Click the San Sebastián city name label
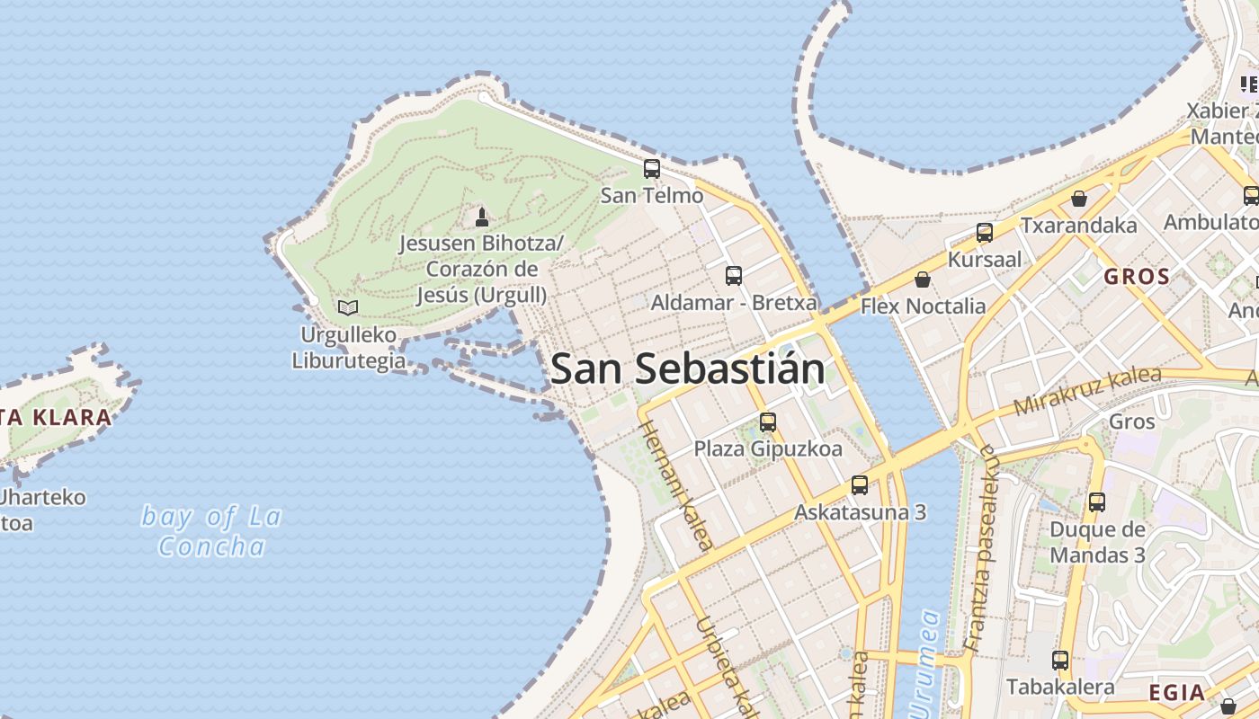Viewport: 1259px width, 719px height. click(688, 368)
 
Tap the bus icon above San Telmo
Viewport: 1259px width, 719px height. click(652, 168)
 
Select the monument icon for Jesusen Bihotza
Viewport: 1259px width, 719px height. click(482, 217)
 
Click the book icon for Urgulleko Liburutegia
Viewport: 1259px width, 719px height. click(348, 307)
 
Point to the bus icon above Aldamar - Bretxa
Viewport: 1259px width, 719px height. click(734, 275)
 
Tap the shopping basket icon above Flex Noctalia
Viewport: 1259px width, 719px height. click(922, 280)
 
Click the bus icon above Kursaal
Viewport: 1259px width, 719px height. click(985, 233)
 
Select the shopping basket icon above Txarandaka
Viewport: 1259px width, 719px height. click(1078, 199)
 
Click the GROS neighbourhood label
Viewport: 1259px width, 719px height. click(1137, 277)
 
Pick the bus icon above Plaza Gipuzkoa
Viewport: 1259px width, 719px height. click(768, 422)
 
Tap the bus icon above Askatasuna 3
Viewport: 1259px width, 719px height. click(860, 485)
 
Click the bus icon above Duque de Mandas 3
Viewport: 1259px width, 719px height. click(1097, 502)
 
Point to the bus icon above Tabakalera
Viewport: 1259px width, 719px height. click(1060, 661)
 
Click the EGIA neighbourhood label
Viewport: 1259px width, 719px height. click(1177, 692)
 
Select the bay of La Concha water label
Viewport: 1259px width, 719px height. click(212, 531)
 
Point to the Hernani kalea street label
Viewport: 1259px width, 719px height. click(676, 485)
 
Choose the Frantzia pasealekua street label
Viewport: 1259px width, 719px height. click(978, 548)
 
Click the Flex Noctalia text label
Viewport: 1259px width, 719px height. click(923, 306)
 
